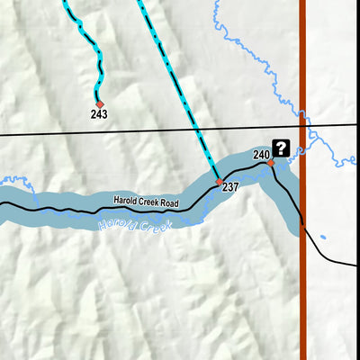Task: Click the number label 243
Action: tap(99, 114)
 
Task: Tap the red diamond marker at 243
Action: tap(99, 103)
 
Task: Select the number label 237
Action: tap(229, 187)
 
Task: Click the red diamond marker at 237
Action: tap(219, 182)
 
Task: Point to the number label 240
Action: tap(261, 155)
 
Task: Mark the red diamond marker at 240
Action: tap(269, 163)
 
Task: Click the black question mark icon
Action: tap(281, 148)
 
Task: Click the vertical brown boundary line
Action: tap(302, 270)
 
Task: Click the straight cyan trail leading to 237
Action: tap(180, 90)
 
